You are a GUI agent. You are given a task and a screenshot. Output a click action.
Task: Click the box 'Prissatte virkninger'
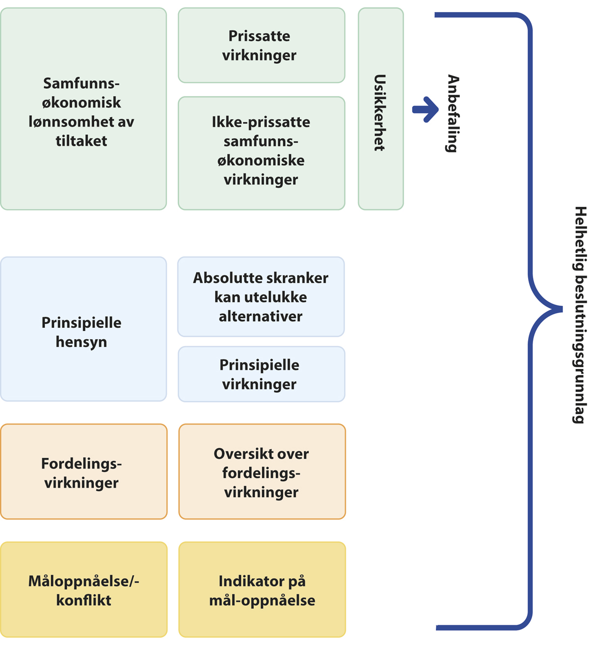(x=261, y=45)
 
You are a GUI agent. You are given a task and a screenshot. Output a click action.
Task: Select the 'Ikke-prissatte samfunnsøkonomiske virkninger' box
(x=261, y=153)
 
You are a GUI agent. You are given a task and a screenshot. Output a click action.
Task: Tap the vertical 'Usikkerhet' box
(x=380, y=109)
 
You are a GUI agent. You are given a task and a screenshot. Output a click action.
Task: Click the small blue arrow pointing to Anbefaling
(x=425, y=109)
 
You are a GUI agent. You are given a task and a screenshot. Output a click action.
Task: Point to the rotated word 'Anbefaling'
(x=453, y=113)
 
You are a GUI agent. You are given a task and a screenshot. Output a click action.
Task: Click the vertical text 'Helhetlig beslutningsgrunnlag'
(x=580, y=315)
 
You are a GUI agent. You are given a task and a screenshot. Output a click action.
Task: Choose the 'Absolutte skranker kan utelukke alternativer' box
(x=261, y=297)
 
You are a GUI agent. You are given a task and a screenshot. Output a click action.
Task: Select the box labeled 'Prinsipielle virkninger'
(x=261, y=374)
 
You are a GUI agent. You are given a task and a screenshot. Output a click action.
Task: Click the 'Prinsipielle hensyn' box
(x=83, y=329)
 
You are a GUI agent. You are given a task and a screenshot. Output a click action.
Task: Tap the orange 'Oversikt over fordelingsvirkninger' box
(x=262, y=471)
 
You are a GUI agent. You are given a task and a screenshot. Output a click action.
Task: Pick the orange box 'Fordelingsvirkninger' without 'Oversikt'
(x=83, y=471)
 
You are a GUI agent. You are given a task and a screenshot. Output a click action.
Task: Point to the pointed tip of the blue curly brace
(x=561, y=309)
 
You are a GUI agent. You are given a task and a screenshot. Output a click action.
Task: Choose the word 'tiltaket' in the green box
(x=81, y=141)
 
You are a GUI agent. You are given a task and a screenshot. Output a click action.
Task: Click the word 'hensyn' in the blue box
(x=81, y=342)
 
